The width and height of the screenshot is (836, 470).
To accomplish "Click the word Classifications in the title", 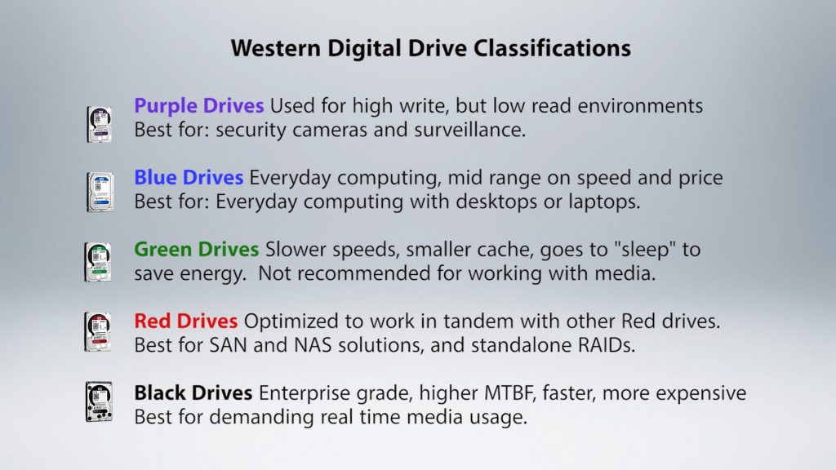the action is [x=552, y=48].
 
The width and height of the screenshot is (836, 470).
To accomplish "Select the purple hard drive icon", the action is [x=99, y=124].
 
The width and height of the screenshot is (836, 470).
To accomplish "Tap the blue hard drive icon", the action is [x=100, y=192].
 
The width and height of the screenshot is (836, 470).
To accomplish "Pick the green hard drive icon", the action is [x=98, y=262].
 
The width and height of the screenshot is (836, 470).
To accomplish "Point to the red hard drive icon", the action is [x=98, y=332].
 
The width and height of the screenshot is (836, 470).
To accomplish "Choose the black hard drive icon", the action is [x=99, y=401].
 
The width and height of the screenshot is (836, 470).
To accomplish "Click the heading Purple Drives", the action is [x=199, y=106].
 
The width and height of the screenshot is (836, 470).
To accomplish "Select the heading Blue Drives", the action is [x=189, y=177].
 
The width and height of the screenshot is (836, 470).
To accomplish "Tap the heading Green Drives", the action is [x=196, y=250].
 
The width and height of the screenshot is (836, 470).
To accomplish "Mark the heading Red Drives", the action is [x=185, y=321].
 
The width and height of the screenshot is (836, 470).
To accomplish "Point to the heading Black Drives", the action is [x=193, y=393].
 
